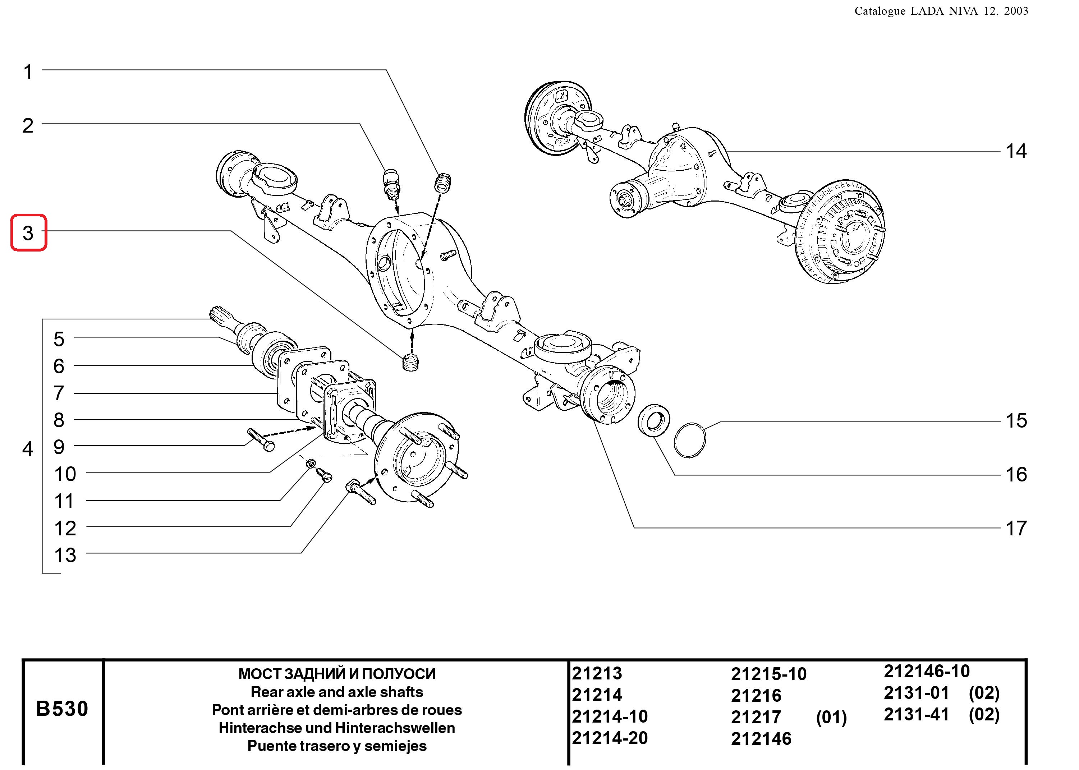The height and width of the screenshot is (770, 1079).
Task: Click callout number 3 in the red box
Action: pos(28,233)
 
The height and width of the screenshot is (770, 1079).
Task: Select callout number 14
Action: pos(1016,152)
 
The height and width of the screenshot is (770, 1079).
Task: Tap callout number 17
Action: pos(1016,528)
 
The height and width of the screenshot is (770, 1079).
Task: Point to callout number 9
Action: pos(59,447)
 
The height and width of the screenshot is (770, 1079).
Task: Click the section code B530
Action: pos(62,709)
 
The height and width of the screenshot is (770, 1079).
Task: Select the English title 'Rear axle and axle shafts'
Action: pos(336,692)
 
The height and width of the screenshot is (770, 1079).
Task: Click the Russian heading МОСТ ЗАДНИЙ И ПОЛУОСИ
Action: pos(336,674)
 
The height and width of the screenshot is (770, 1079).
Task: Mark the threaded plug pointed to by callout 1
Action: pos(443,183)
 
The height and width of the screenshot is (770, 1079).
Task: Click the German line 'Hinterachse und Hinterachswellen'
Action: pos(336,728)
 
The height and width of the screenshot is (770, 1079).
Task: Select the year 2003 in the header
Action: pos(1015,11)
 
